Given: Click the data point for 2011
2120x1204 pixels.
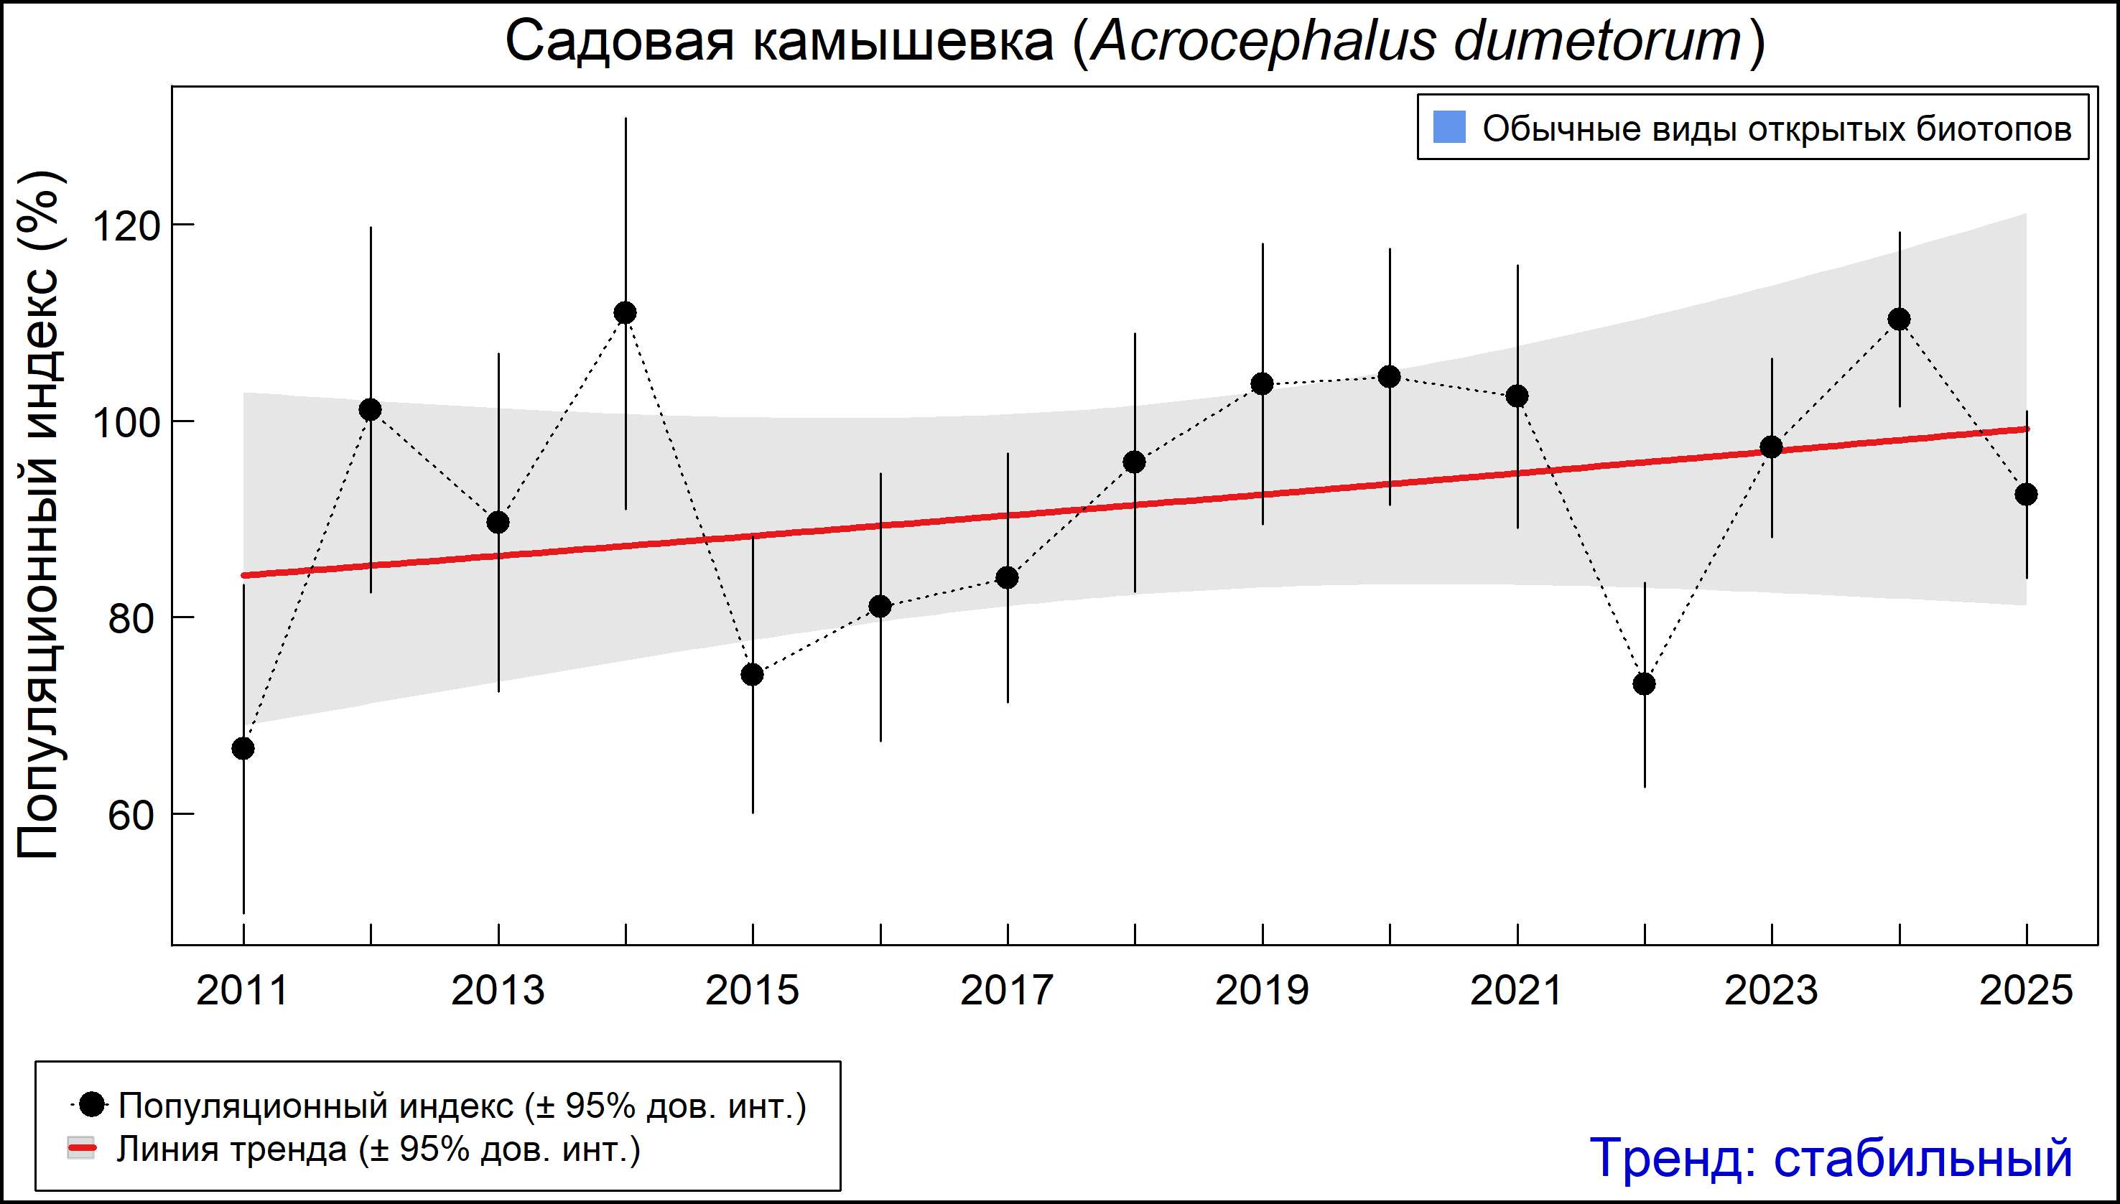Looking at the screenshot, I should (x=243, y=748).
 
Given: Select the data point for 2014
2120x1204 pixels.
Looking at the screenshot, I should (x=626, y=312).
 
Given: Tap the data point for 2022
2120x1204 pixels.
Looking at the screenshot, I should (x=1645, y=684).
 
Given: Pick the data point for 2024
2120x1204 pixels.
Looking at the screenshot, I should (x=1899, y=319).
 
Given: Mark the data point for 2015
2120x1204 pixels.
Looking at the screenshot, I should (x=753, y=675).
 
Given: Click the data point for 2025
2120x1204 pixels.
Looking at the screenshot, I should (x=2026, y=495).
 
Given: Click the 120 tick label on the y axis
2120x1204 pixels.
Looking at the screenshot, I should (x=126, y=225).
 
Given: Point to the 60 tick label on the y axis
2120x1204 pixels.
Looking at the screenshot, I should (x=131, y=816).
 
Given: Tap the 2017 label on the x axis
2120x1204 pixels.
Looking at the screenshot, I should (x=1007, y=991).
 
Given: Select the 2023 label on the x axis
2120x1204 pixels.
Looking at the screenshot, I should (x=1771, y=991).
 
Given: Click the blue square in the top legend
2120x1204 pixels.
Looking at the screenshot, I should (x=1449, y=127).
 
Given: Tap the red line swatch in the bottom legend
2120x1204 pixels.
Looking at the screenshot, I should (x=81, y=1149).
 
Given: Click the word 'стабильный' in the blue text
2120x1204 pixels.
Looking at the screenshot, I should (x=1923, y=1157).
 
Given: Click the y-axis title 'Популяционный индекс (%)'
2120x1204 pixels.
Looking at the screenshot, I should (x=39, y=514).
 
